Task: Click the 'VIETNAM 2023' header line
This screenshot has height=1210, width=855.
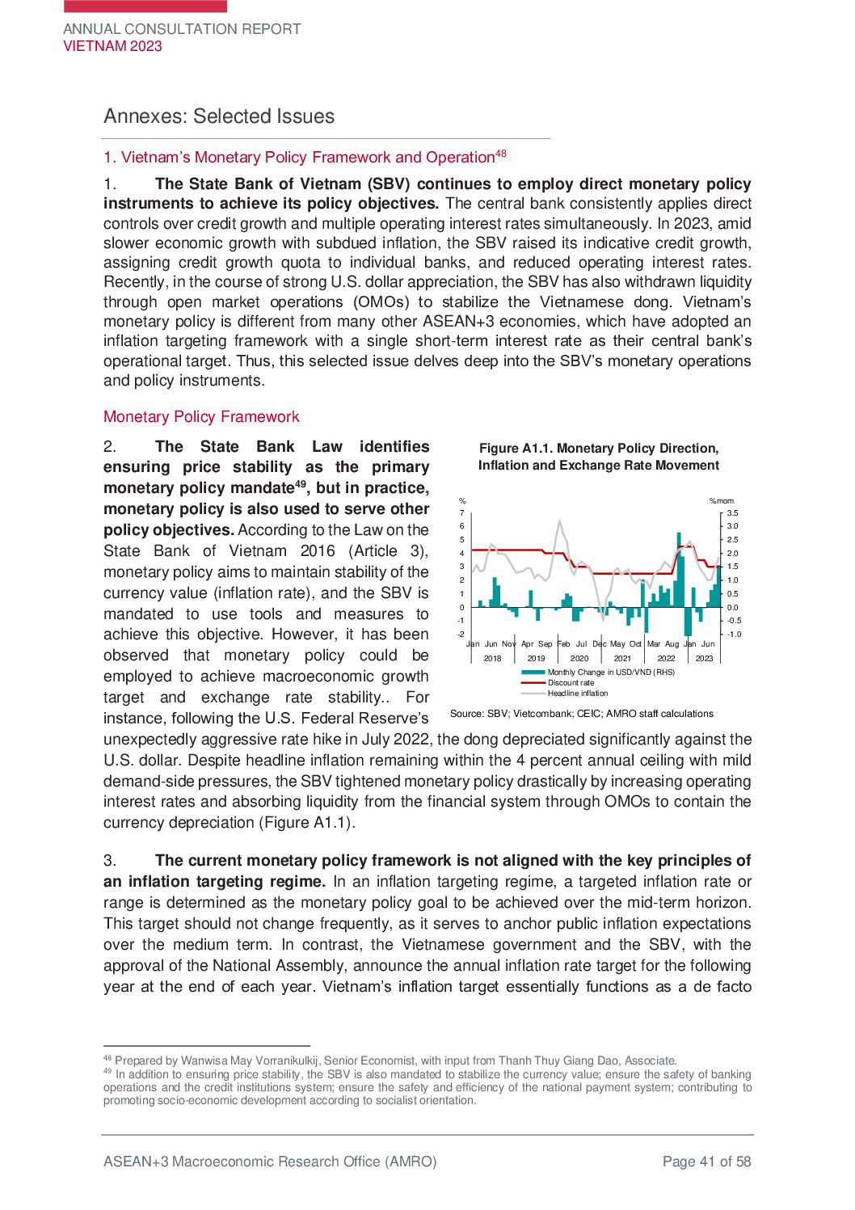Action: point(112,46)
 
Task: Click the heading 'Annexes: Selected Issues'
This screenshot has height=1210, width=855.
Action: point(219,116)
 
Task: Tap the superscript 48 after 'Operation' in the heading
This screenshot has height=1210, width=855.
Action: point(501,154)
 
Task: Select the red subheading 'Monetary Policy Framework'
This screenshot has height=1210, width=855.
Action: point(201,417)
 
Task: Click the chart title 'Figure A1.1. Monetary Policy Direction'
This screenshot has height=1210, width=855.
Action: point(598,449)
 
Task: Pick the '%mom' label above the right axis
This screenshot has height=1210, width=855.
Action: point(722,501)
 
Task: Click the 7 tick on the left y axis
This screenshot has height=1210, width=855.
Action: point(462,513)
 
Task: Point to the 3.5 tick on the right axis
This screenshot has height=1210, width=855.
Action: point(732,513)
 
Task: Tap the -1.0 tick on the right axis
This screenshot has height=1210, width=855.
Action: point(733,635)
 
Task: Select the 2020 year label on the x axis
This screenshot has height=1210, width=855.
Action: point(579,659)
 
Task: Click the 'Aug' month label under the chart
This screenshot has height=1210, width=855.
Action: point(672,644)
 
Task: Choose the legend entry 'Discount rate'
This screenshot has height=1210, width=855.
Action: point(571,683)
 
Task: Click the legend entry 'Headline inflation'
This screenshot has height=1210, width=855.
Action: point(578,694)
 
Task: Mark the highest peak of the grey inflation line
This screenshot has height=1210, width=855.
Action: point(559,521)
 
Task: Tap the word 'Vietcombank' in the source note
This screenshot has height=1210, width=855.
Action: point(543,714)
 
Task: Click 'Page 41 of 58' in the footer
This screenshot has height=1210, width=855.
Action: point(706,1162)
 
